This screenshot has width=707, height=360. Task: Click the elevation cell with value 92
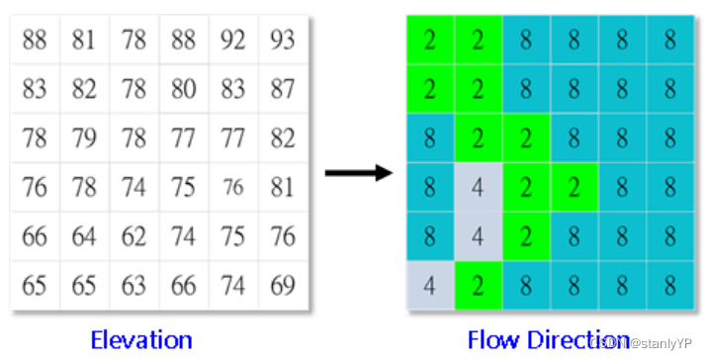(x=233, y=41)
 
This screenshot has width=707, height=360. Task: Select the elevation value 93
(x=283, y=41)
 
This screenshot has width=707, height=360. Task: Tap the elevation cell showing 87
(x=283, y=90)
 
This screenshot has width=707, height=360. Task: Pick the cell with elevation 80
(x=183, y=90)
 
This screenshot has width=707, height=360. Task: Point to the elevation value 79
(x=84, y=138)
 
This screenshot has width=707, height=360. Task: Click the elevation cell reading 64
(x=84, y=237)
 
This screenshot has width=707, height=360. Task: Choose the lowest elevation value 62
(x=133, y=237)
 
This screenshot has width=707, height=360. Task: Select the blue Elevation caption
(x=141, y=340)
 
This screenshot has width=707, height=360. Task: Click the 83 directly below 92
(x=233, y=90)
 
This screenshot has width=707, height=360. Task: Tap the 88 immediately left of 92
(x=183, y=41)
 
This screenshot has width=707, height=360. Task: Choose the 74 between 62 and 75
(x=183, y=237)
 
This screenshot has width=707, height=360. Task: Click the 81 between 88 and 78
(x=84, y=41)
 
